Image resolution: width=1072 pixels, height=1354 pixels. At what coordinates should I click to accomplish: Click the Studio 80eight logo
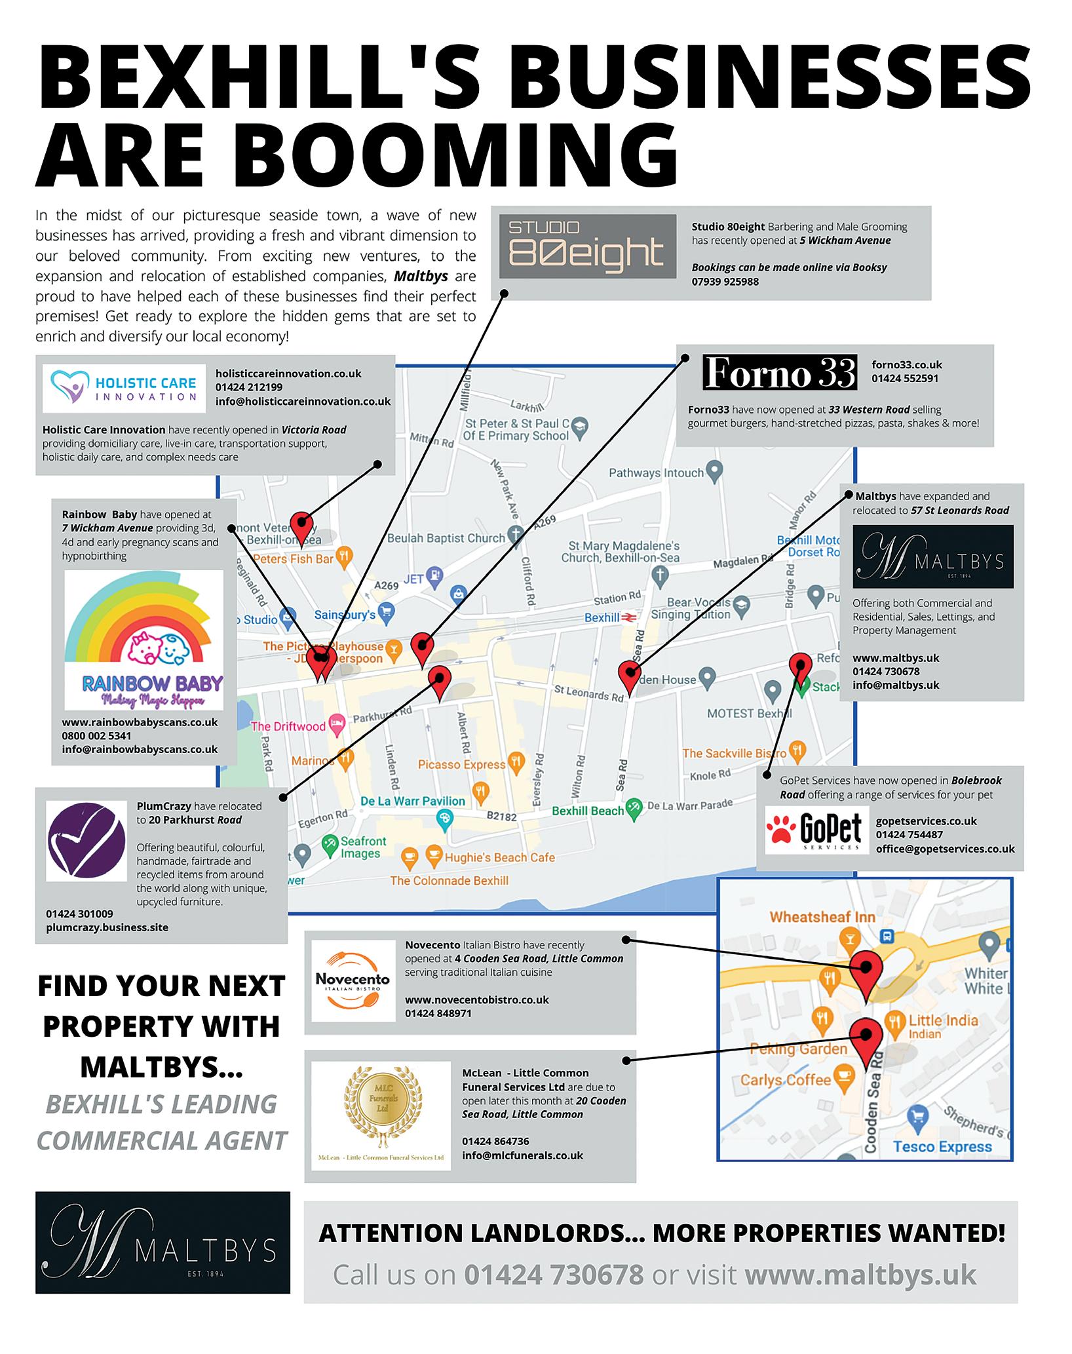pos(587,246)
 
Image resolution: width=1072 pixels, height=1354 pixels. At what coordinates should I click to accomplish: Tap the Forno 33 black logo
pos(779,372)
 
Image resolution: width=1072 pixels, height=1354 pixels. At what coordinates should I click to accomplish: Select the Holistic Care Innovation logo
pos(124,389)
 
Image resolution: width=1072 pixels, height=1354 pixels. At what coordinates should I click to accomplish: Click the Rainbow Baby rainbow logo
pos(144,640)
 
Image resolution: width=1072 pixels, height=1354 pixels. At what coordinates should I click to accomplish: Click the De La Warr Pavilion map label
pos(413,801)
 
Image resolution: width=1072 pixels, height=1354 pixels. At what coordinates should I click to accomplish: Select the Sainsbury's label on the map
pos(345,615)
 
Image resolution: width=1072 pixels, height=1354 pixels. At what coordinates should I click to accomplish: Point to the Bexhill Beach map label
pos(588,811)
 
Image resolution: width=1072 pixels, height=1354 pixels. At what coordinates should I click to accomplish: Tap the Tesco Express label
pos(942,1146)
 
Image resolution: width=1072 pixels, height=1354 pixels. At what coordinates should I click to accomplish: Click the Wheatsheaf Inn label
pos(822,917)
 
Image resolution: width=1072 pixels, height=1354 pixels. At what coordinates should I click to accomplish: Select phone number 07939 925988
pos(725,282)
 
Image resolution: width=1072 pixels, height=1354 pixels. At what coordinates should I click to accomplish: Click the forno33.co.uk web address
pos(907,364)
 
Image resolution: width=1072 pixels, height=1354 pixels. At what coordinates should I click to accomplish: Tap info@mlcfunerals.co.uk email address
pos(522,1155)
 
